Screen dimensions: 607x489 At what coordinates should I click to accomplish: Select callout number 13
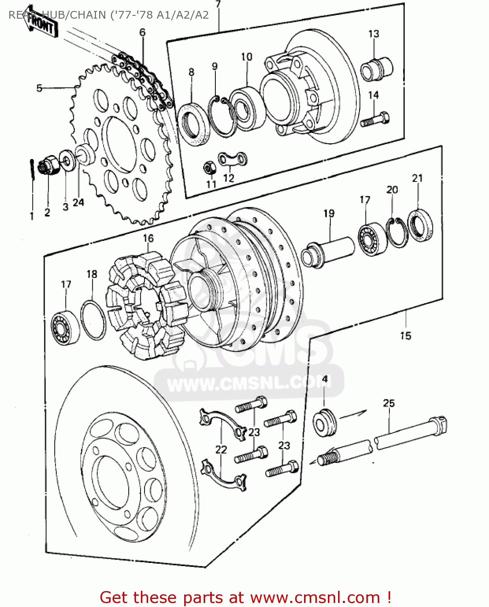click(373, 34)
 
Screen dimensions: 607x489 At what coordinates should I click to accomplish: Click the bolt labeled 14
click(375, 120)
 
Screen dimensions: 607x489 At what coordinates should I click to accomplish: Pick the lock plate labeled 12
click(233, 159)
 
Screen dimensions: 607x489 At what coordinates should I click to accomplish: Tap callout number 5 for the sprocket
click(39, 88)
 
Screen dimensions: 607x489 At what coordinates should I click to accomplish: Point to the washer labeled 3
click(67, 160)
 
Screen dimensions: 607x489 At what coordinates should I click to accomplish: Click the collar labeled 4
click(324, 422)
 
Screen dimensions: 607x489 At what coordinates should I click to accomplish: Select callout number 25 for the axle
click(389, 403)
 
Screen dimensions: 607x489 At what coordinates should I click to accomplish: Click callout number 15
click(405, 335)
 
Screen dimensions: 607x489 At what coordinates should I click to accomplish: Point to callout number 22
click(221, 450)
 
